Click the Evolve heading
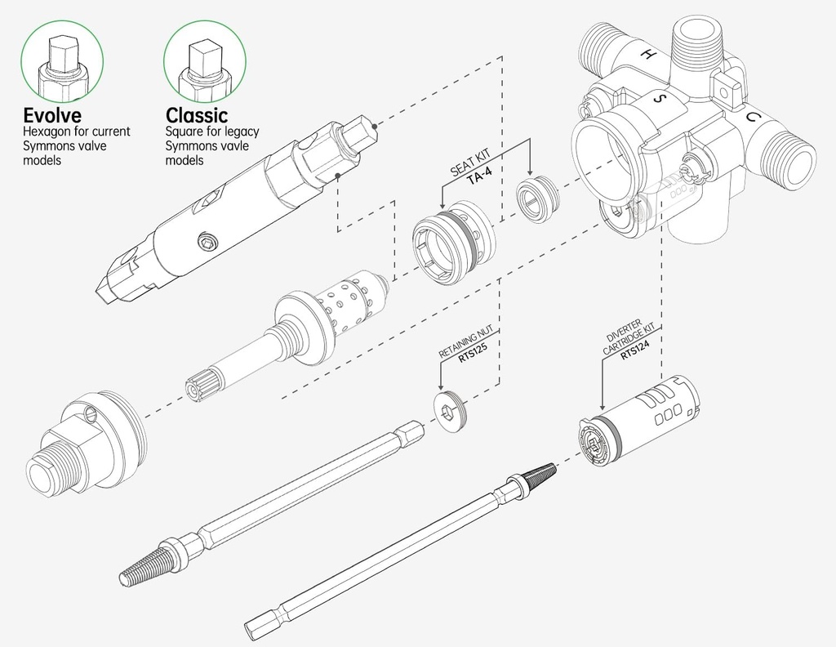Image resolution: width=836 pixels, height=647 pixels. click(x=53, y=115)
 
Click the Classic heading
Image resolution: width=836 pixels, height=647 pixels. click(x=197, y=115)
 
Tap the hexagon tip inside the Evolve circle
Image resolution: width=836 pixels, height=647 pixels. click(x=61, y=56)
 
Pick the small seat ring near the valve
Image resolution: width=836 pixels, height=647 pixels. click(x=535, y=199)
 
